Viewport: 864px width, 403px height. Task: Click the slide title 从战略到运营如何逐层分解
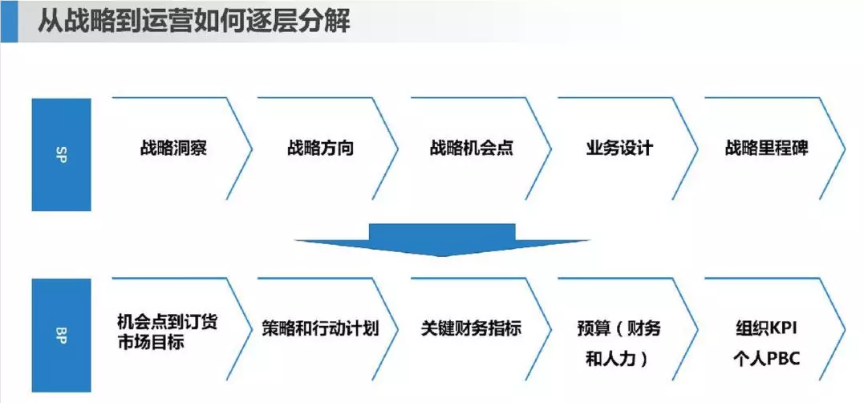click(x=193, y=22)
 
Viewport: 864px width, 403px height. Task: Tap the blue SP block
click(x=61, y=154)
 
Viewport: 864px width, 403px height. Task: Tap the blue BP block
click(x=61, y=336)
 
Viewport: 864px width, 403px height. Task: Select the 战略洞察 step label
click(x=173, y=149)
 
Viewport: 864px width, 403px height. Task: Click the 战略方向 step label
click(x=320, y=149)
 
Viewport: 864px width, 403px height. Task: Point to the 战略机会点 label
click(x=471, y=149)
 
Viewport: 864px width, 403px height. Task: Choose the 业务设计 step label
click(x=619, y=149)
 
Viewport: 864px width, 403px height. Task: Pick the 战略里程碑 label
click(x=766, y=149)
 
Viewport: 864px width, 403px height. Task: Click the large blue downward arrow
click(x=442, y=239)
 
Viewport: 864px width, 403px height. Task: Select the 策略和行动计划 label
click(x=320, y=329)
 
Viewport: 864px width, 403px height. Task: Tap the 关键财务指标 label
click(x=471, y=329)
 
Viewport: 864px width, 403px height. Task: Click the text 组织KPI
click(x=766, y=328)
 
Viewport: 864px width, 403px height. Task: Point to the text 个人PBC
click(x=766, y=360)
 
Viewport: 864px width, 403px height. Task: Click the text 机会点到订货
click(x=168, y=321)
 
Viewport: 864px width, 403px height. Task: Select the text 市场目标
click(x=151, y=342)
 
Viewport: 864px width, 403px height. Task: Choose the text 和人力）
click(x=619, y=360)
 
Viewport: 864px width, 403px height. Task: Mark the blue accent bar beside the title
click(x=9, y=22)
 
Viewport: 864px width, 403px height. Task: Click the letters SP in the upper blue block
click(x=61, y=155)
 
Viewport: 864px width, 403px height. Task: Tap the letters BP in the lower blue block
click(x=61, y=336)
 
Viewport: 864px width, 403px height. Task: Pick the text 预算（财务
click(x=619, y=328)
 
